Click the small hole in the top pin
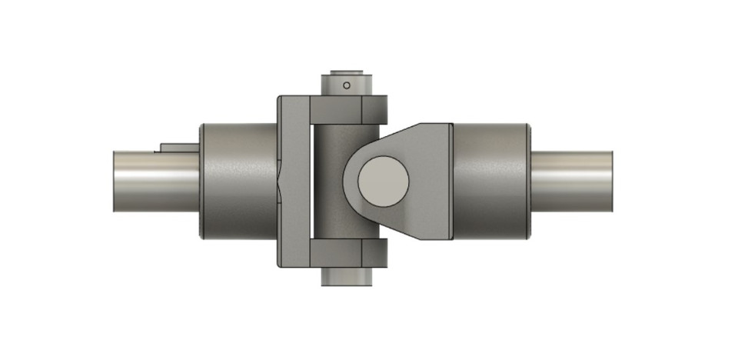347,85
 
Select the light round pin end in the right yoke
383,181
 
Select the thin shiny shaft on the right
573,181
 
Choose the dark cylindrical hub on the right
490,181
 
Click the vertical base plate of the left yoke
292,181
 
